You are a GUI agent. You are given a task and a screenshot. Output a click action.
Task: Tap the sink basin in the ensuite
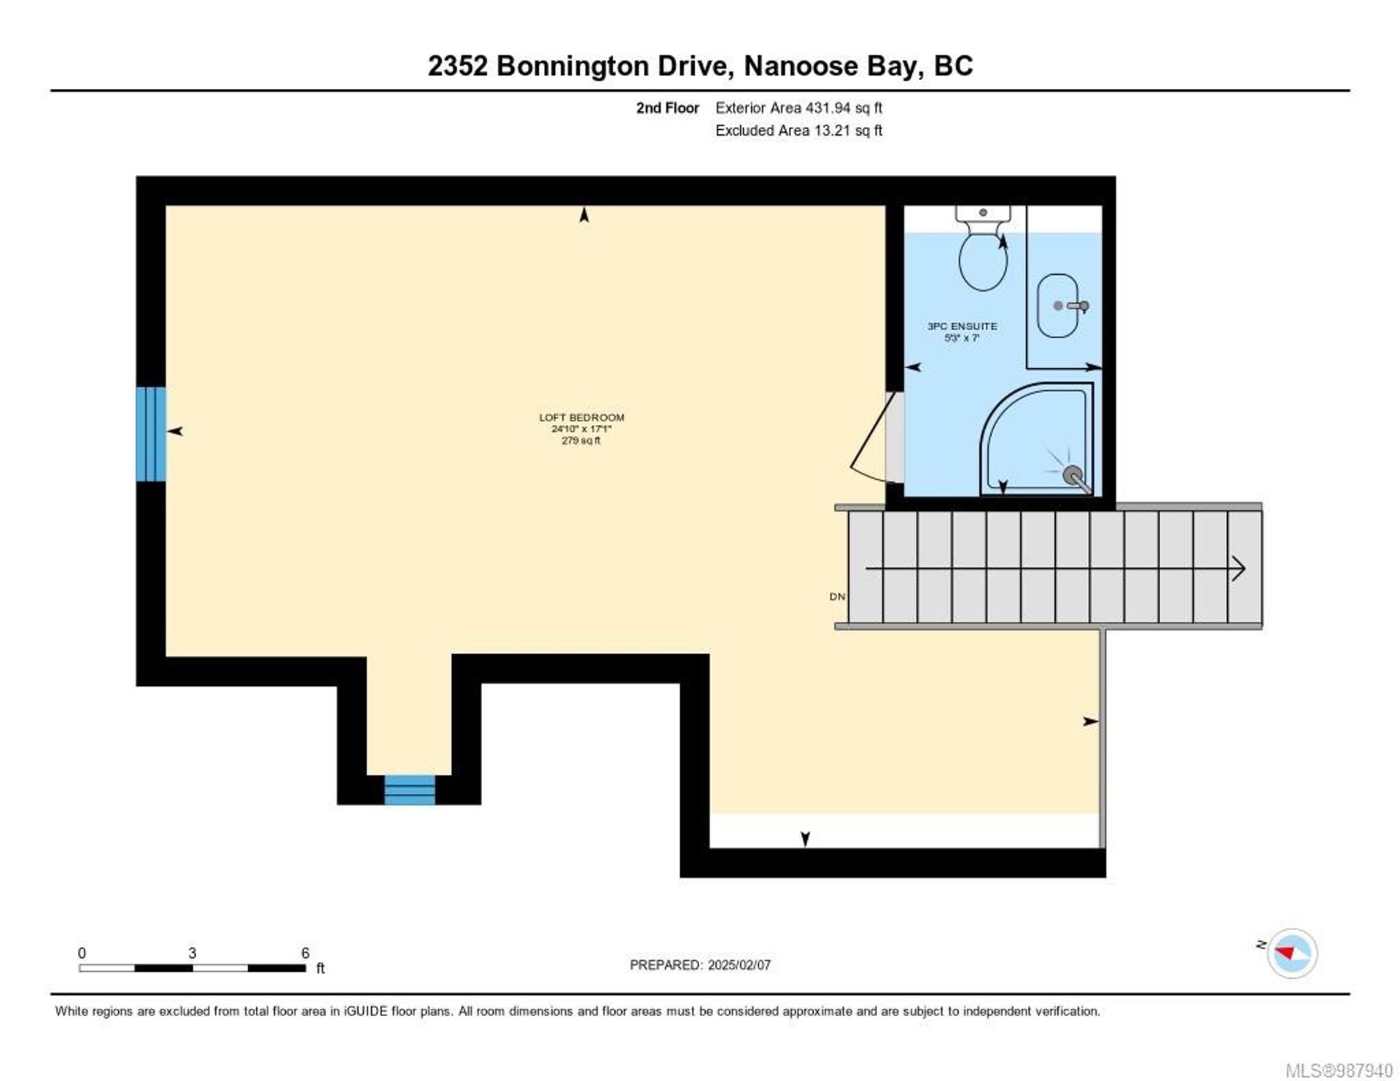(1057, 305)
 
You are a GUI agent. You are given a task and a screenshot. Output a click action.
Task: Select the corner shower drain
(1073, 475)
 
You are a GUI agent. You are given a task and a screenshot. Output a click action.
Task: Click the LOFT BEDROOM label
(581, 418)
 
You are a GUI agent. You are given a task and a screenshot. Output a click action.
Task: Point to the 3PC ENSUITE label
(962, 326)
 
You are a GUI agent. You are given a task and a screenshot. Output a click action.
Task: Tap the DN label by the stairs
(837, 596)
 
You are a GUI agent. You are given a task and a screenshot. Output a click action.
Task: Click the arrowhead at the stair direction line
(1238, 568)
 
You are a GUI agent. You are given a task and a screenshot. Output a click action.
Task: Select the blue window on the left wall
(151, 434)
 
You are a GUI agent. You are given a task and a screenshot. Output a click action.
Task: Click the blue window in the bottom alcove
(410, 790)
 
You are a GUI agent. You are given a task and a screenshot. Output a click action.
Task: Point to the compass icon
(1292, 953)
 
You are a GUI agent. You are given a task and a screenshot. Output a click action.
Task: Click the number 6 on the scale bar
(306, 953)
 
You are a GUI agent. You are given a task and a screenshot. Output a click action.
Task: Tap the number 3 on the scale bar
(192, 953)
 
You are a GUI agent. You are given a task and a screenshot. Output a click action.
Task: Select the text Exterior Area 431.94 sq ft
(798, 108)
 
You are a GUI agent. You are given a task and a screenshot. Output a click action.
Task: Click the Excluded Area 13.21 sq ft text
(798, 130)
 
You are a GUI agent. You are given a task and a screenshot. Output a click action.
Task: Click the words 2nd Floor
(667, 108)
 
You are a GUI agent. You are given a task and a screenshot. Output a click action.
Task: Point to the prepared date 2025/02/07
(739, 964)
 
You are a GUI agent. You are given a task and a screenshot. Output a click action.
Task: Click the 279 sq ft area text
(581, 440)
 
